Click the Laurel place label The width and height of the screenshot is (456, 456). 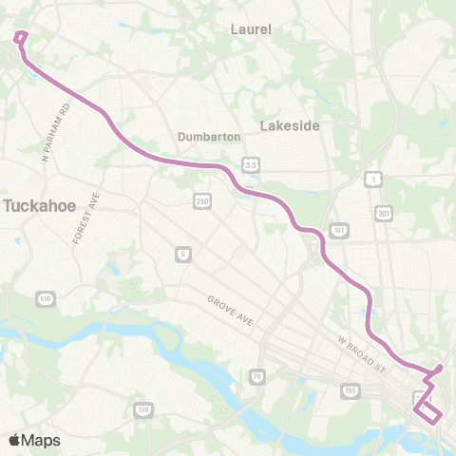[251, 29]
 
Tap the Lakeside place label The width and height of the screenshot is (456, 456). [290, 124]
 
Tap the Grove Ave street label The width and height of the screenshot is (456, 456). [230, 313]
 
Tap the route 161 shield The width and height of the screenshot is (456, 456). [338, 231]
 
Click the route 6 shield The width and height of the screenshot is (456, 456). [180, 254]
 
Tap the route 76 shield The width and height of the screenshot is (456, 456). [256, 377]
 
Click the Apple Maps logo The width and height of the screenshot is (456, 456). [34, 440]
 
